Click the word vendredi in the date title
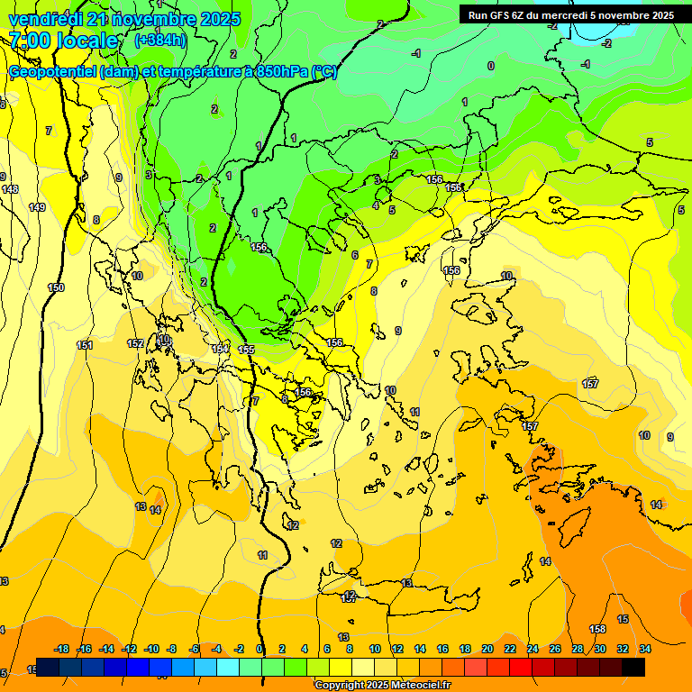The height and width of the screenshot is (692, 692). (45, 19)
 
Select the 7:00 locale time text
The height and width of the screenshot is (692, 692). (63, 41)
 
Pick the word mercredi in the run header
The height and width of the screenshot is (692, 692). (575, 15)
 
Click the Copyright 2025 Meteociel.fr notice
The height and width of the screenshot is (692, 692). (382, 686)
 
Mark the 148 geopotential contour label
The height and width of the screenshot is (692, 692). (10, 189)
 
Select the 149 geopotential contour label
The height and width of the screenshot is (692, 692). (37, 208)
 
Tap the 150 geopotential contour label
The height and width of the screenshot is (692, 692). (56, 287)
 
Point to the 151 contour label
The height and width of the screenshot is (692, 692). (85, 345)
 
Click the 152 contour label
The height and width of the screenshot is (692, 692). (135, 343)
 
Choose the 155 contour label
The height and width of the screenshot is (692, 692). (247, 350)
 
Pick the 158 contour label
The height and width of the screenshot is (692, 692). (597, 629)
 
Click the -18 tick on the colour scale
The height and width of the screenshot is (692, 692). (62, 649)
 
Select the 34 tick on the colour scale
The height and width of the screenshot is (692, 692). (645, 649)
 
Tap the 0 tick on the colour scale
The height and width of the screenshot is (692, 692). (260, 649)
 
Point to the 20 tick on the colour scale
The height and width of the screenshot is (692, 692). (487, 649)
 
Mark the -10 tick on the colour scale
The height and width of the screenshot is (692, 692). (151, 649)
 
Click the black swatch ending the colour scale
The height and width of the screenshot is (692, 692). (633, 667)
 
